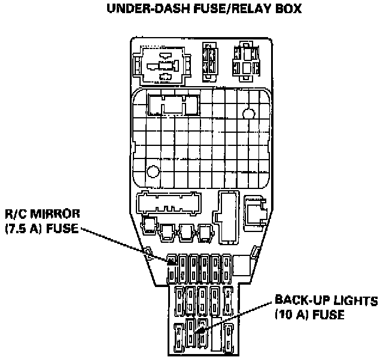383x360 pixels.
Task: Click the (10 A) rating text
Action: [292, 313]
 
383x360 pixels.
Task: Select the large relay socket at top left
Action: [161, 65]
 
